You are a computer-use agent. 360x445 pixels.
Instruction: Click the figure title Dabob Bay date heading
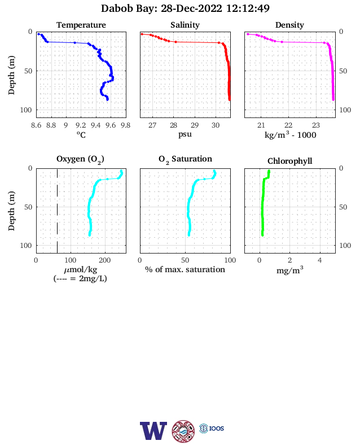(x=185, y=8)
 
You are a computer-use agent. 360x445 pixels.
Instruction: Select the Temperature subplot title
(x=81, y=25)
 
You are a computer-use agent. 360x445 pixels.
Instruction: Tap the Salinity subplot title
(x=185, y=25)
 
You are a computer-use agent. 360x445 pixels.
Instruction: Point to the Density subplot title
(x=289, y=25)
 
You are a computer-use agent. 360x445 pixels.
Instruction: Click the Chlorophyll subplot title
(x=289, y=161)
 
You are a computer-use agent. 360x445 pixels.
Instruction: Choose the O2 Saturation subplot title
(x=185, y=159)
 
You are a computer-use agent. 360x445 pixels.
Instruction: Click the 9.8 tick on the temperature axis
(x=125, y=125)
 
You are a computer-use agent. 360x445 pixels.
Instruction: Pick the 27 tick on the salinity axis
(x=152, y=125)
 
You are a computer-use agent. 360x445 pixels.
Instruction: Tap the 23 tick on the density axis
(x=316, y=125)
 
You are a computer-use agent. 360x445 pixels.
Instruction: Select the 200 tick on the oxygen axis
(x=104, y=260)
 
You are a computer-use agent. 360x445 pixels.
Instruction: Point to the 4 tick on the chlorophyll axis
(x=320, y=260)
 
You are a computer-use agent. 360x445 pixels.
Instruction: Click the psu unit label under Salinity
(x=185, y=134)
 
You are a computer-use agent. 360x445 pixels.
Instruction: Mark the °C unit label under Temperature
(x=81, y=134)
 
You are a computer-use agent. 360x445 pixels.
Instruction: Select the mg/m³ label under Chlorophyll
(x=289, y=270)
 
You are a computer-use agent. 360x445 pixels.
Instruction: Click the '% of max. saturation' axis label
(x=185, y=269)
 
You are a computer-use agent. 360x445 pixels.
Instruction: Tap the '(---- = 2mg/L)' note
(x=80, y=278)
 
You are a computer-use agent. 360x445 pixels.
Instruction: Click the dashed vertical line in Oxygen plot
(x=57, y=211)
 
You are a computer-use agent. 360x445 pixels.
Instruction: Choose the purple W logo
(x=153, y=431)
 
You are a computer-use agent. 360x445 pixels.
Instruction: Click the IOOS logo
(x=212, y=428)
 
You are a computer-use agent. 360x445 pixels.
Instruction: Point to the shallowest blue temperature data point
(x=38, y=34)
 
